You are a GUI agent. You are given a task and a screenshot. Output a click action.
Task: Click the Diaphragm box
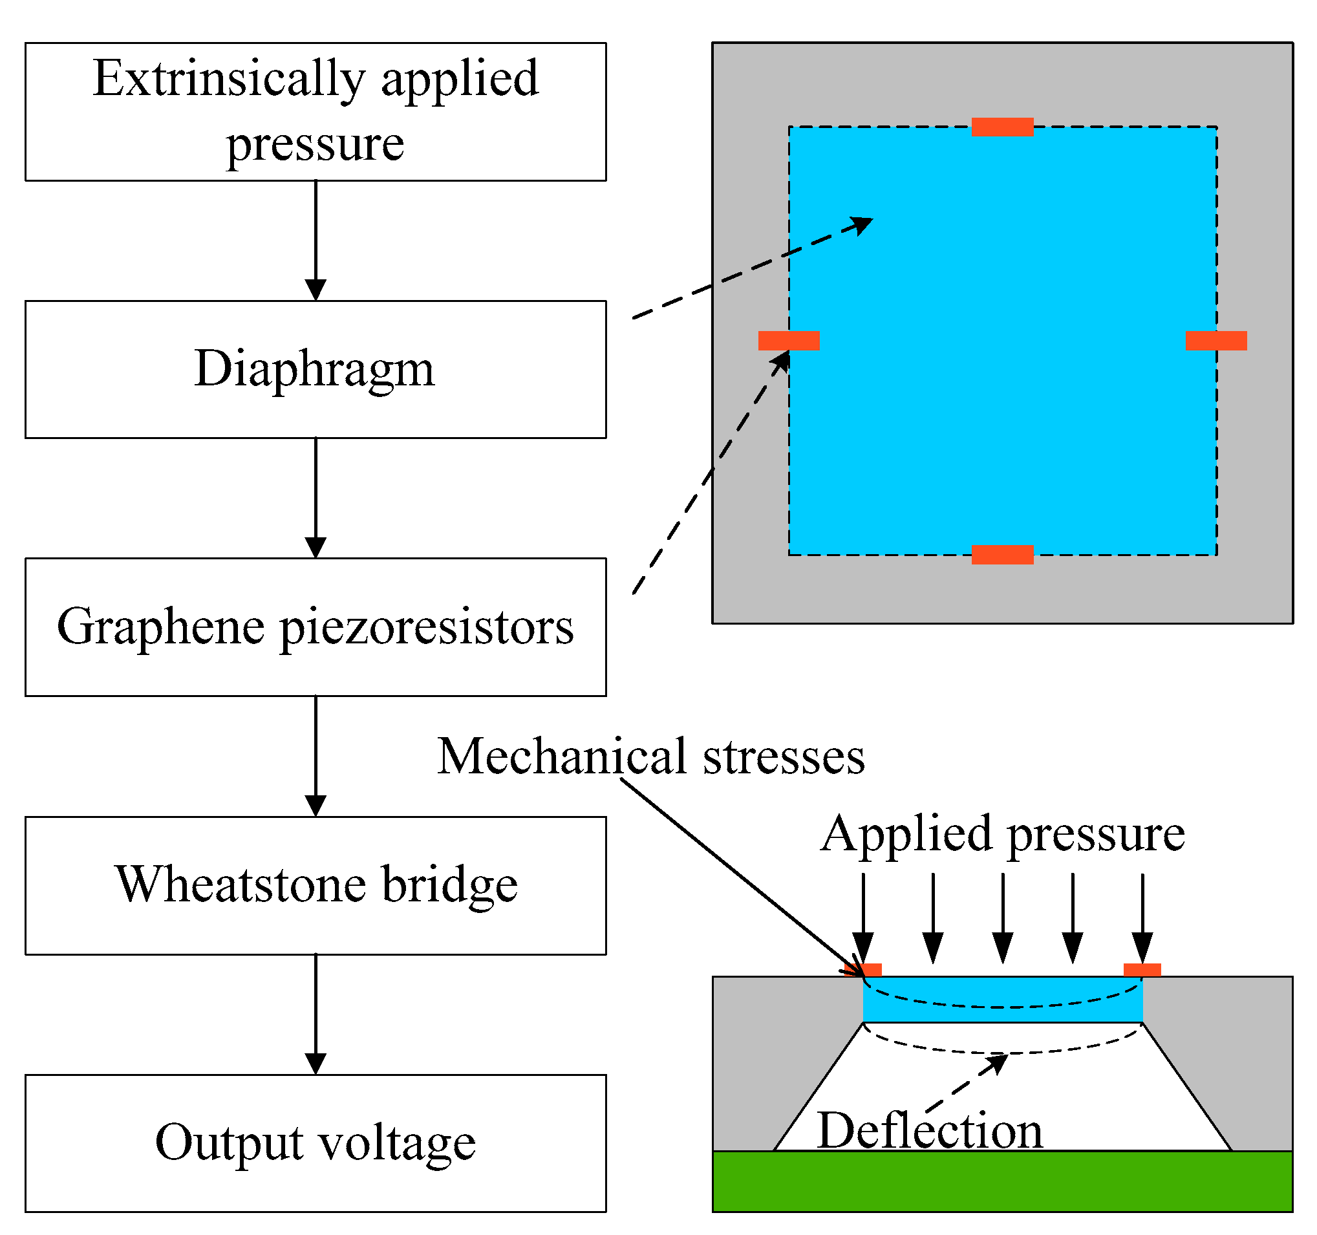click(x=316, y=369)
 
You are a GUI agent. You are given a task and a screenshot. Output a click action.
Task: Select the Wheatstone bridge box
click(x=316, y=885)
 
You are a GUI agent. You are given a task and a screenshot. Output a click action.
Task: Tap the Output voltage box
click(x=316, y=1143)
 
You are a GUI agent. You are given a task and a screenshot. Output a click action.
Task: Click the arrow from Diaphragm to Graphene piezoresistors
click(x=316, y=497)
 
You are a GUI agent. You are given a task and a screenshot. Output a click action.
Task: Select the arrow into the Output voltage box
click(x=316, y=1014)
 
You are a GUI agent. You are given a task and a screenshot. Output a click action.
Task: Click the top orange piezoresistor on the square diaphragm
click(x=1002, y=127)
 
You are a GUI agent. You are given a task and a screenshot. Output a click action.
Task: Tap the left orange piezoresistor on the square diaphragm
click(x=788, y=341)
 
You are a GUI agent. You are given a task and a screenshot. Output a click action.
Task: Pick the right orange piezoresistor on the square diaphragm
click(x=1215, y=341)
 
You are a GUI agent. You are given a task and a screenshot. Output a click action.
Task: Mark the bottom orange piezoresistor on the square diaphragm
click(x=1002, y=555)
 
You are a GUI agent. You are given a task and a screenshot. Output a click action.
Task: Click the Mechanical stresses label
click(x=650, y=756)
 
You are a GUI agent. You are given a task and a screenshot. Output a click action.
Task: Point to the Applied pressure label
click(x=1002, y=833)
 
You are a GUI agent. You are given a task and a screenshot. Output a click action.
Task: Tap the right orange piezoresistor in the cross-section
click(x=1142, y=970)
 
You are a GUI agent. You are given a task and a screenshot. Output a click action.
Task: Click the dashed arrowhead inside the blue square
click(x=864, y=224)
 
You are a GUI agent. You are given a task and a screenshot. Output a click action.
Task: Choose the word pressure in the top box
click(x=316, y=144)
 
